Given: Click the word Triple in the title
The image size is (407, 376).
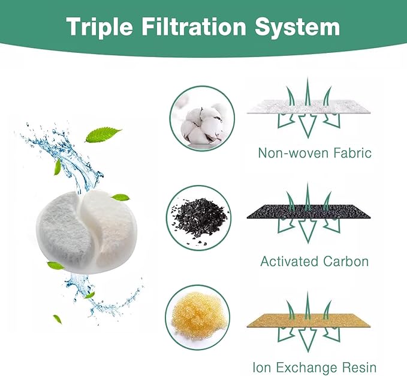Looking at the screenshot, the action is tap(100, 27).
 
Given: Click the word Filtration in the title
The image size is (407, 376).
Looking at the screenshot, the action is tap(194, 26).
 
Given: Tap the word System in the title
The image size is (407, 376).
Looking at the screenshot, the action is tap(297, 27).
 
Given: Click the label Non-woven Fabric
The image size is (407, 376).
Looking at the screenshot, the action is tap(315, 153).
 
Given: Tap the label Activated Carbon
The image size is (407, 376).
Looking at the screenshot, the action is tap(314, 261).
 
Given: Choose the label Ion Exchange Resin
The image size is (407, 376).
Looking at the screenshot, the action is tap(314, 368).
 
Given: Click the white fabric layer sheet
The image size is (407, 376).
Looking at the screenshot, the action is tap(309, 106).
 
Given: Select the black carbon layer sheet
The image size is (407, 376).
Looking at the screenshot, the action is tap(309, 211).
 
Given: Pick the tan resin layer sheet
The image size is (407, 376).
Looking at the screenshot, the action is tap(309, 320).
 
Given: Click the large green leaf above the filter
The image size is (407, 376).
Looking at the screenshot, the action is tap(103, 135).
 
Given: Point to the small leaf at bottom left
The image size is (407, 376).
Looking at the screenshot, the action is tap(58, 320).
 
